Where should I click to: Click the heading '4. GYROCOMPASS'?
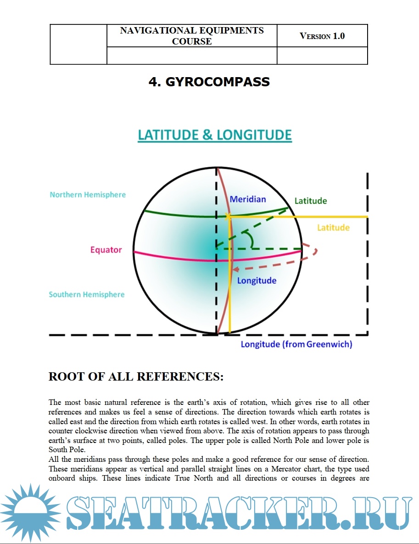tap(209, 82)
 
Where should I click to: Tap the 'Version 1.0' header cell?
tap(322, 36)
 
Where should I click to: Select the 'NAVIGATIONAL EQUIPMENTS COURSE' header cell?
tap(192, 36)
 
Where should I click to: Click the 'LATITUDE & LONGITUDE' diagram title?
tap(215, 135)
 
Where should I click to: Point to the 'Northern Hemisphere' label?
tap(88, 195)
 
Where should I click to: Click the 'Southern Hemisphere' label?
tap(87, 295)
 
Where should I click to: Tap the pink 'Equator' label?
tap(106, 250)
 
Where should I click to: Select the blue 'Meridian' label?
tap(248, 199)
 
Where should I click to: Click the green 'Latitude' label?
tap(311, 201)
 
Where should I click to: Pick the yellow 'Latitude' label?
tap(334, 228)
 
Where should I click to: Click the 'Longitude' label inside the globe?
tap(257, 280)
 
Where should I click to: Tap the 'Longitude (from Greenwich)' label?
tap(296, 344)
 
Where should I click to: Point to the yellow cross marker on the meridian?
tap(228, 216)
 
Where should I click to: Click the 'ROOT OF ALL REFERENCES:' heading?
tap(136, 377)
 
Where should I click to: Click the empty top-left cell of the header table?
tap(78, 44)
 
